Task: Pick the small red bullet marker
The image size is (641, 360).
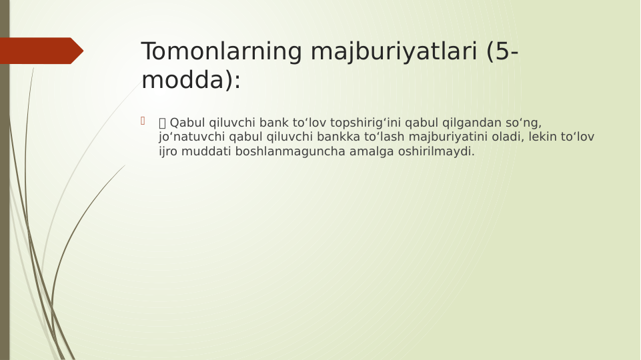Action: (142, 121)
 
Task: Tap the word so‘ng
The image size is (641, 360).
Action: (524, 123)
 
